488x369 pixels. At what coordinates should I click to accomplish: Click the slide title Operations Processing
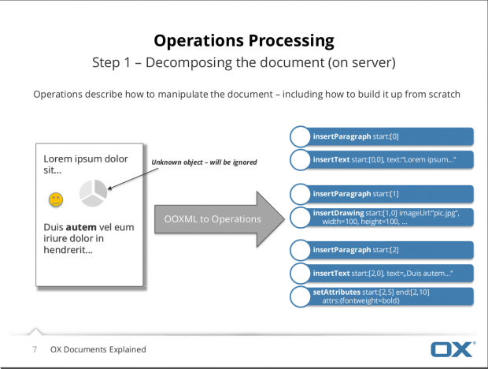(x=243, y=40)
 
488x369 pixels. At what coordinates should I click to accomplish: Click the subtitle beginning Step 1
(x=243, y=61)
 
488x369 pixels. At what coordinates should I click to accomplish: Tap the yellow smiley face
(x=56, y=200)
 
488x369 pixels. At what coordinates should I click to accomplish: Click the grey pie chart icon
(x=94, y=193)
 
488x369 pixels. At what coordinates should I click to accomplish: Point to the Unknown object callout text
(x=204, y=162)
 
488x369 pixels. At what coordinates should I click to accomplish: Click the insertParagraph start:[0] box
(x=390, y=136)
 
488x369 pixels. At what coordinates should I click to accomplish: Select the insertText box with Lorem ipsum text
(x=390, y=161)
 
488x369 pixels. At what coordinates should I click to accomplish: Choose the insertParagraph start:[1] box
(x=390, y=194)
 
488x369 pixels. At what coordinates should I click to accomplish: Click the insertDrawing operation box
(x=390, y=218)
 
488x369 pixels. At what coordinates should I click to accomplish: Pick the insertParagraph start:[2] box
(x=390, y=251)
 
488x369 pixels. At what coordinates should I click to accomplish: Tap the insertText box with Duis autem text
(x=390, y=274)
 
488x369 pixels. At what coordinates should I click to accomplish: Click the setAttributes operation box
(x=390, y=297)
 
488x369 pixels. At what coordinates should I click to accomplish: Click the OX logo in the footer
(x=451, y=349)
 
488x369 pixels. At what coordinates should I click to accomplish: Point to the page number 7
(x=35, y=349)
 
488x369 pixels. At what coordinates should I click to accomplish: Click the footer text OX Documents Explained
(x=98, y=349)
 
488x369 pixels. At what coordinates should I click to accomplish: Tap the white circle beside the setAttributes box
(x=300, y=297)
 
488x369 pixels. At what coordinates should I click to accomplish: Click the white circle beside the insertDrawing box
(x=300, y=218)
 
